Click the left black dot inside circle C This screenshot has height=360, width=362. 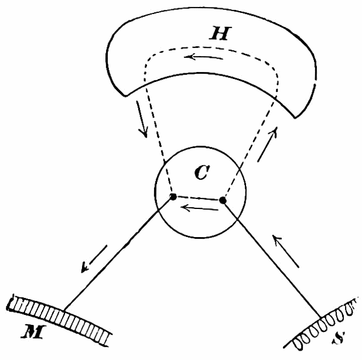point(173,197)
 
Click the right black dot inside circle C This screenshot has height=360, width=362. point(223,201)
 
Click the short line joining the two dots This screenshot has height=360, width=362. point(198,198)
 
